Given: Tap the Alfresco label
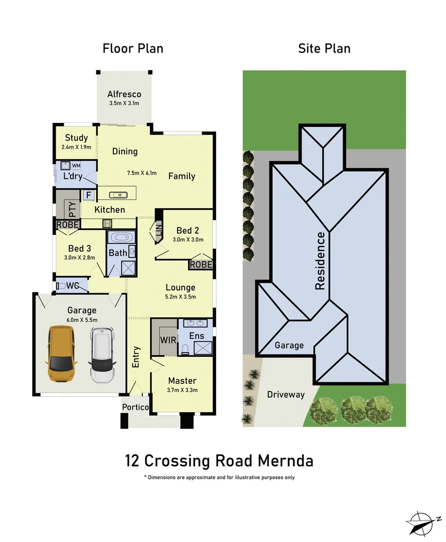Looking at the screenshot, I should (x=124, y=94).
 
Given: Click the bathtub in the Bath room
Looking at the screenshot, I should (x=121, y=237).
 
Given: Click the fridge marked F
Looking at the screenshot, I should (x=89, y=195).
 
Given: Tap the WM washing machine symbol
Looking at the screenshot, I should (x=76, y=165).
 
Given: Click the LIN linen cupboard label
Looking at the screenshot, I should (x=159, y=231).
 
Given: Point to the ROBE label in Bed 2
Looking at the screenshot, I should (x=201, y=264).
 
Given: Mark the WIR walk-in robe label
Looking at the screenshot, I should (x=168, y=340).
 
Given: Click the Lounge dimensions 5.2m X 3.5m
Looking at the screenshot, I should (x=180, y=297).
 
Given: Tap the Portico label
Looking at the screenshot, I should (x=135, y=407).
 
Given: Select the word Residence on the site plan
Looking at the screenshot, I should (x=320, y=261).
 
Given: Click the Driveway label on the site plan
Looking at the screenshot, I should (x=285, y=394).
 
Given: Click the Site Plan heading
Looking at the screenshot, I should (x=324, y=49).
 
